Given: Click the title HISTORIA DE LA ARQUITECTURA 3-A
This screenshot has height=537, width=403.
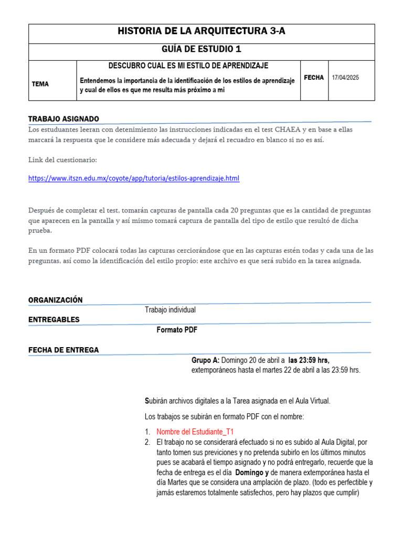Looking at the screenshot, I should click(201, 32).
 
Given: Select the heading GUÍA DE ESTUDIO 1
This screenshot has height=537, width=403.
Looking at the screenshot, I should click(201, 50).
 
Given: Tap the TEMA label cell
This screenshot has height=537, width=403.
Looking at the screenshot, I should click(40, 83).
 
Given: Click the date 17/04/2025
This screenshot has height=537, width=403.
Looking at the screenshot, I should click(345, 78).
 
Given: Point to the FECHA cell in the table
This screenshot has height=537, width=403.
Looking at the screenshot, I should click(314, 78).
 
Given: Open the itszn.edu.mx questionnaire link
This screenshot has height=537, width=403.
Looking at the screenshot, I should click(134, 178).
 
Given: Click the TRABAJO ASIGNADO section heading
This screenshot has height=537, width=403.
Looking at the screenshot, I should click(63, 119).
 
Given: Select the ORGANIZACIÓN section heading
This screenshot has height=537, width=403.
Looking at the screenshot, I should click(56, 300).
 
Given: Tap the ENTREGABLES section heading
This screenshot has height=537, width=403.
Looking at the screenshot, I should click(54, 319).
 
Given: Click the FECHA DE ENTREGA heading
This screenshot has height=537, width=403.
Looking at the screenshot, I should click(63, 350).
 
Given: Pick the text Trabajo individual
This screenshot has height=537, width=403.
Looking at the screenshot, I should click(170, 310).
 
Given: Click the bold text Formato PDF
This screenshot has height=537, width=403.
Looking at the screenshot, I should click(177, 330).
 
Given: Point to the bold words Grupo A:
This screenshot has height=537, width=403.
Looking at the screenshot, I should click(205, 360).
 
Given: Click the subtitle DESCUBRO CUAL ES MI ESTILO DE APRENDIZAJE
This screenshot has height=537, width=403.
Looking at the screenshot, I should click(188, 66).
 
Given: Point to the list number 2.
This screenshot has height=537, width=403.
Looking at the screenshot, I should click(147, 442).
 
